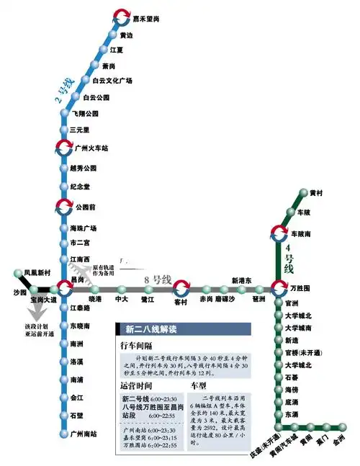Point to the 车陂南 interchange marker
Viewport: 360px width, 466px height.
(x=279, y=234)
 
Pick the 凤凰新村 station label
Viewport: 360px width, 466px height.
(x=37, y=273)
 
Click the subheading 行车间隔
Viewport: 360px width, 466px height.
(x=135, y=346)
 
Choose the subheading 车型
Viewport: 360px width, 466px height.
(x=199, y=386)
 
